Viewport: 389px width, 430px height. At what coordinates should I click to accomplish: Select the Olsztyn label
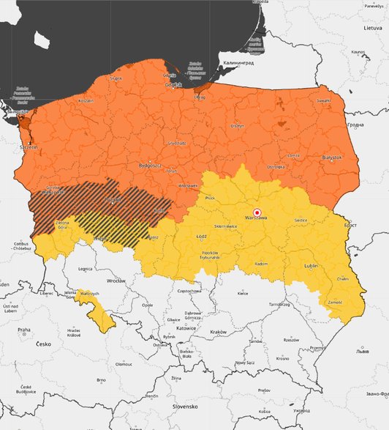(237, 125)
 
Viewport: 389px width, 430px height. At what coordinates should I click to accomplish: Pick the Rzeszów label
(292, 340)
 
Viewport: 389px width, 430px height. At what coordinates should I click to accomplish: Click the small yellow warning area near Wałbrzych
(99, 316)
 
